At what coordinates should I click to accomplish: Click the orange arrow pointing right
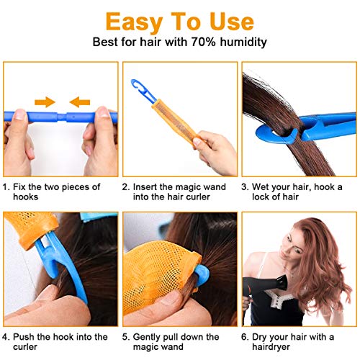tap(45, 102)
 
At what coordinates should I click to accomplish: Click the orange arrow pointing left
tap(80, 102)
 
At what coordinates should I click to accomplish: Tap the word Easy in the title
tap(135, 22)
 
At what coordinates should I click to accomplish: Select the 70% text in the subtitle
tap(203, 42)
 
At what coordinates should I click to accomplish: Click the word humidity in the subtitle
tap(243, 42)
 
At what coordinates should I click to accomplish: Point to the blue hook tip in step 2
tap(132, 82)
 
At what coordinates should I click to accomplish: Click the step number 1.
tap(6, 186)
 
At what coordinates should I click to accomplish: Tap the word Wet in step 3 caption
tap(261, 186)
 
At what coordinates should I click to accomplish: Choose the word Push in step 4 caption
tap(24, 337)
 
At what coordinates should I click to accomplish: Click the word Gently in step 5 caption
tap(146, 337)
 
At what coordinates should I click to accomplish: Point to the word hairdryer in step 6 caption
tap(271, 347)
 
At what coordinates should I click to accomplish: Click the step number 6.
tap(245, 337)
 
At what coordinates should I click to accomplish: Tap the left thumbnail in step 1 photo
tap(20, 114)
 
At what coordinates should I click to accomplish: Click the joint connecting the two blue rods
tap(62, 117)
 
